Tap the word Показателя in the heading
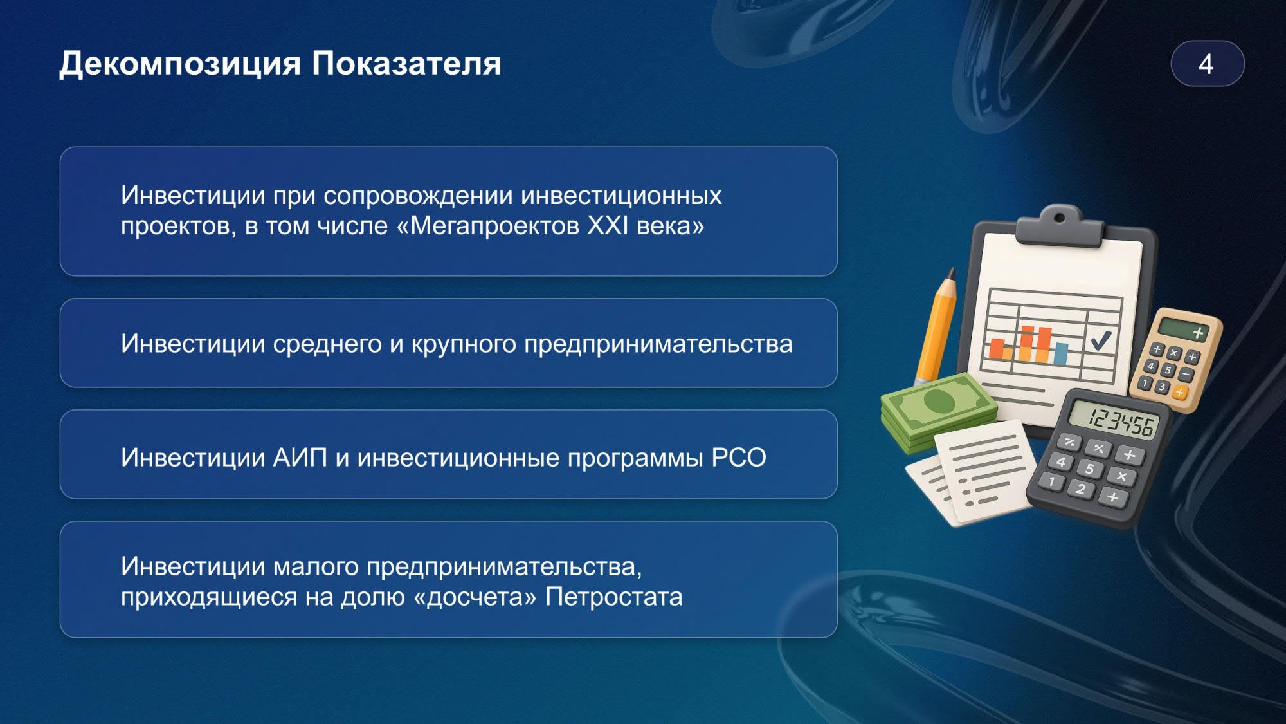pyautogui.click(x=406, y=63)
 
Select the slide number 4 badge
pyautogui.click(x=1207, y=64)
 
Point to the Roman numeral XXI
pyautogui.click(x=608, y=226)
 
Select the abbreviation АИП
pyautogui.click(x=300, y=458)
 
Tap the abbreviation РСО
pyautogui.click(x=739, y=458)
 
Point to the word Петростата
pyautogui.click(x=614, y=597)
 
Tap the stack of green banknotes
pyautogui.click(x=937, y=412)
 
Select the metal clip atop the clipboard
pyautogui.click(x=1060, y=226)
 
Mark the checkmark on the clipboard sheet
pyautogui.click(x=1101, y=339)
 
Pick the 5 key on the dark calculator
pyautogui.click(x=1089, y=469)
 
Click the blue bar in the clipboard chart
pyautogui.click(x=1060, y=353)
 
